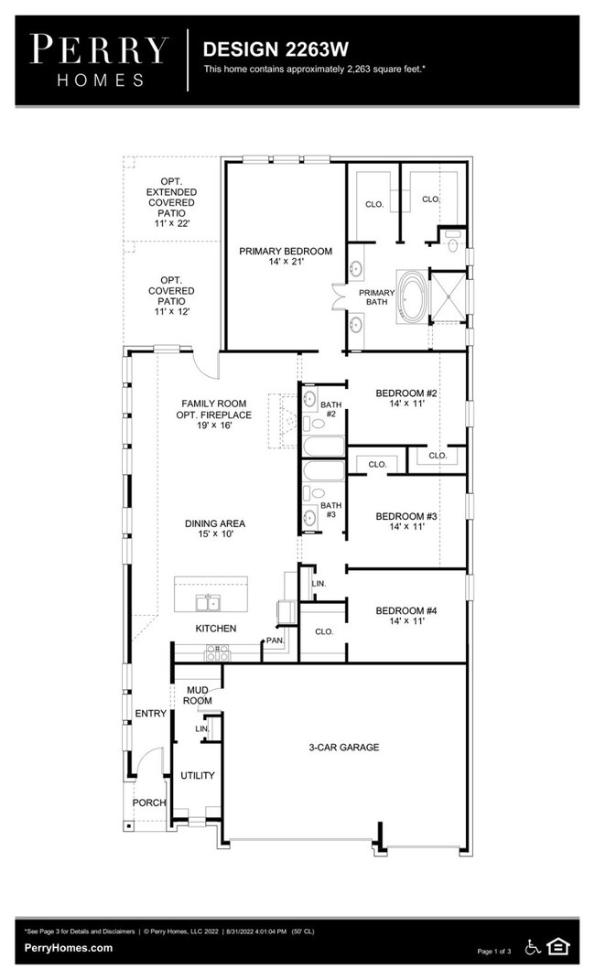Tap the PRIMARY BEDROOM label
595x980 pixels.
286,255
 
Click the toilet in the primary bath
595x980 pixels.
452,240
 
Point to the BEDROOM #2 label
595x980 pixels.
406,399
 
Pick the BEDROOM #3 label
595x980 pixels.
406,522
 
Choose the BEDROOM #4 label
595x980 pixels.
406,616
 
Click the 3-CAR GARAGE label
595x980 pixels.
343,748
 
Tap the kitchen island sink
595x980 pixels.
210,601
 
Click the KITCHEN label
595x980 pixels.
216,629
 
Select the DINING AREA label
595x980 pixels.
215,529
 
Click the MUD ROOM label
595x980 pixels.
199,695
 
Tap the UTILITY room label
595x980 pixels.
197,776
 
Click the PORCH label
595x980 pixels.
149,802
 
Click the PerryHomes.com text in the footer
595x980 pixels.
69,948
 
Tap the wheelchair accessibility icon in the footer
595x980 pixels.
533,946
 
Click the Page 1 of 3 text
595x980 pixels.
497,952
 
